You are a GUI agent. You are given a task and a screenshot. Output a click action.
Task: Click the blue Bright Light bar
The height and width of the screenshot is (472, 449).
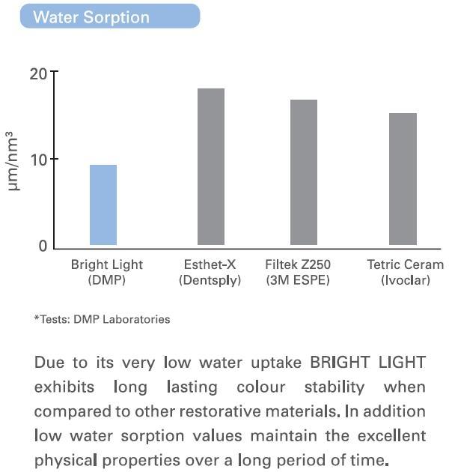(103, 205)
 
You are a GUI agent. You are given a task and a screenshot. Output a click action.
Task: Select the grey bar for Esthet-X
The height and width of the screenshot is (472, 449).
(211, 166)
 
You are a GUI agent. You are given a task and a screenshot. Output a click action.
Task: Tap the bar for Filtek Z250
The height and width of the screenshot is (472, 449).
(304, 172)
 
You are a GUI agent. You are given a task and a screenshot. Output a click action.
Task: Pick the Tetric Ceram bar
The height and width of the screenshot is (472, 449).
(403, 179)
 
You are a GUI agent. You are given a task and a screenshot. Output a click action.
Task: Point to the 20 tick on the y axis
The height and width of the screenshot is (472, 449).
(39, 73)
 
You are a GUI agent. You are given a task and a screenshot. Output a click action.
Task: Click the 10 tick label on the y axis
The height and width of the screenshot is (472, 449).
(39, 160)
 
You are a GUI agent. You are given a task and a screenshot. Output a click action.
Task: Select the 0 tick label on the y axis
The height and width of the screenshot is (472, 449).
(43, 246)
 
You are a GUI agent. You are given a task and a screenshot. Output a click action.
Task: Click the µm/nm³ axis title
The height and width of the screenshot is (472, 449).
(14, 160)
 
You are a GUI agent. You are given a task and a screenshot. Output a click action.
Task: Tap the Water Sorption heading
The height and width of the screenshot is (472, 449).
(91, 16)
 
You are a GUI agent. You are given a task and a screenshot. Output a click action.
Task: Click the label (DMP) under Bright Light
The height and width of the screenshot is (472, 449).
(106, 280)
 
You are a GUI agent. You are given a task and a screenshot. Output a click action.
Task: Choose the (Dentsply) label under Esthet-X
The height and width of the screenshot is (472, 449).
(210, 280)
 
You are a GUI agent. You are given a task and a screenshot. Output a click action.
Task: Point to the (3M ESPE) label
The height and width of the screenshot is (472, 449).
(298, 280)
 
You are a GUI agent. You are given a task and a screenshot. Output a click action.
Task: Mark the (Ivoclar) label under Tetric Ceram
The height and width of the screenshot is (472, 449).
(405, 280)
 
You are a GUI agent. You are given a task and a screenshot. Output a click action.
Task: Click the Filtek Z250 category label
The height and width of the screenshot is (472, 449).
(298, 264)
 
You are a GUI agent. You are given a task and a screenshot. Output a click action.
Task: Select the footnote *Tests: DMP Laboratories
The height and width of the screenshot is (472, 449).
(102, 319)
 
